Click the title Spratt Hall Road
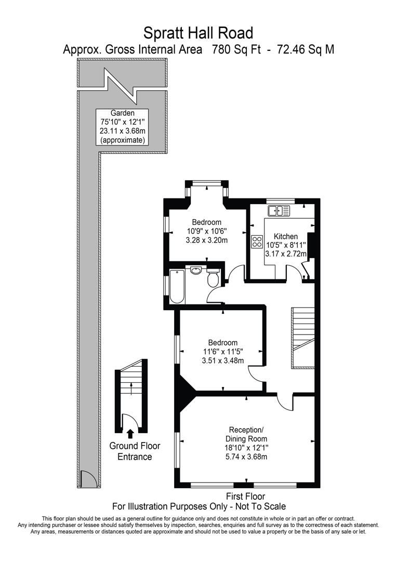tap(198, 33)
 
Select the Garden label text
tap(123, 113)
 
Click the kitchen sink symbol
tap(279, 210)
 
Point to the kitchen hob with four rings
tap(257, 242)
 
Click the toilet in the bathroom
tap(213, 279)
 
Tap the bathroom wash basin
tap(196, 271)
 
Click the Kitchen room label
tap(286, 236)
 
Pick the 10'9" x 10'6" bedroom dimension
tap(207, 231)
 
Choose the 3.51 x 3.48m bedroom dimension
tap(222, 361)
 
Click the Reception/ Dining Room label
tap(247, 434)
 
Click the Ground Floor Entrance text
tap(135, 451)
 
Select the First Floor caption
tap(246, 496)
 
